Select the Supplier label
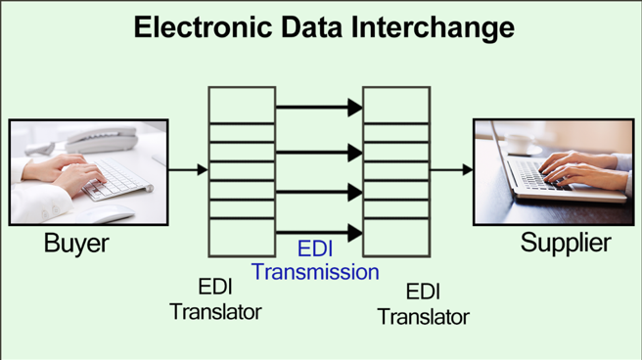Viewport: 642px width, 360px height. click(x=566, y=244)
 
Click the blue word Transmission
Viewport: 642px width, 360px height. click(x=315, y=272)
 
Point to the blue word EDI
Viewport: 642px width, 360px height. click(x=316, y=248)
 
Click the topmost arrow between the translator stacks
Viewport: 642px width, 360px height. click(x=319, y=108)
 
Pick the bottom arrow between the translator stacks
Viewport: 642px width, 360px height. click(x=319, y=233)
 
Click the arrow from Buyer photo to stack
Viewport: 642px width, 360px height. click(x=188, y=170)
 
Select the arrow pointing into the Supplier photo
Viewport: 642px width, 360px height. click(x=451, y=170)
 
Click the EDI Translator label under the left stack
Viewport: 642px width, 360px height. click(x=215, y=299)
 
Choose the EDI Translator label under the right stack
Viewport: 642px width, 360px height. click(x=423, y=304)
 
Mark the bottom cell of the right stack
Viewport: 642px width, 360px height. click(x=396, y=238)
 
